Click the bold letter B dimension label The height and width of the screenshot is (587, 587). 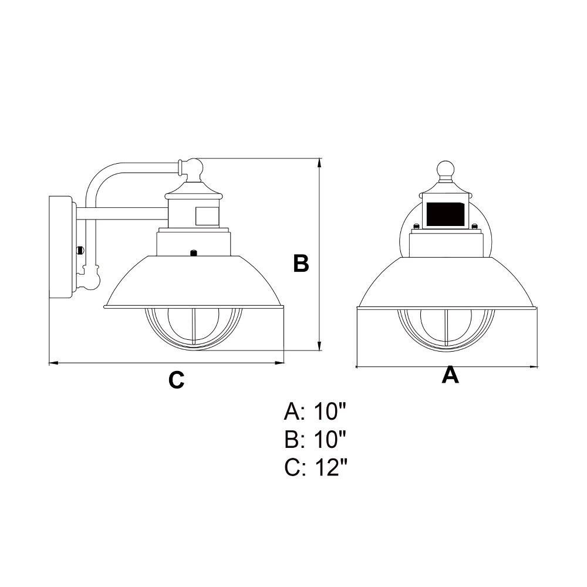(x=301, y=263)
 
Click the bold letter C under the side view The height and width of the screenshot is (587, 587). (x=176, y=380)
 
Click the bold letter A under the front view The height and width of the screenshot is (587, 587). (x=450, y=375)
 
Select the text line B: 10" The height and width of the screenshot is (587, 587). (x=315, y=439)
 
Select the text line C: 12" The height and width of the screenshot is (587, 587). (x=316, y=467)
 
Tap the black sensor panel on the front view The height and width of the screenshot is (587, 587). (x=446, y=214)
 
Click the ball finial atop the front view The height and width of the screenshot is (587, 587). (x=446, y=170)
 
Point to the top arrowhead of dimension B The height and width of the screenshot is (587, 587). (x=319, y=163)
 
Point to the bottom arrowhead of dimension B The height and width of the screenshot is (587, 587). (x=319, y=346)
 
